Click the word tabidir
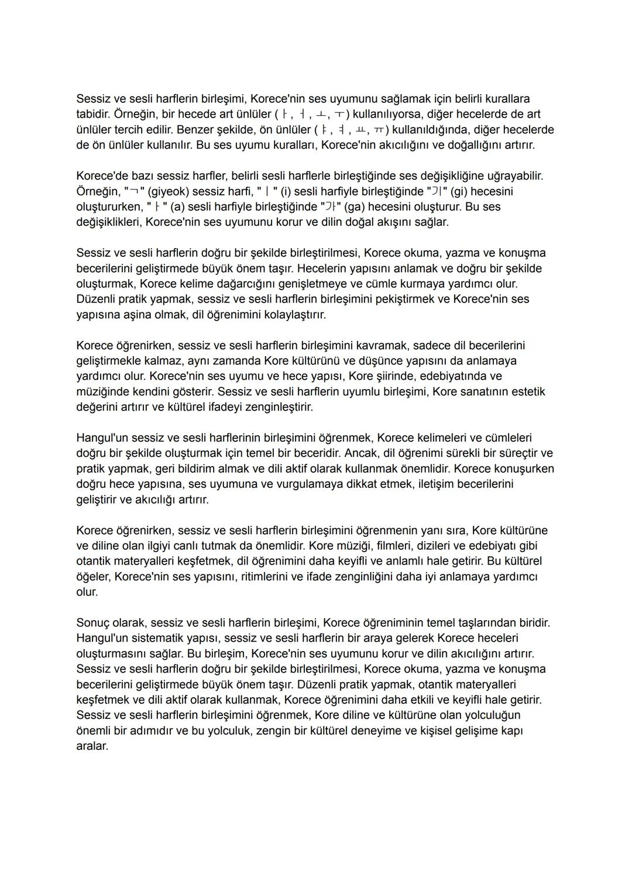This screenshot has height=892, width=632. (x=92, y=114)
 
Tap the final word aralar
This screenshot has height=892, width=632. (x=92, y=746)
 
